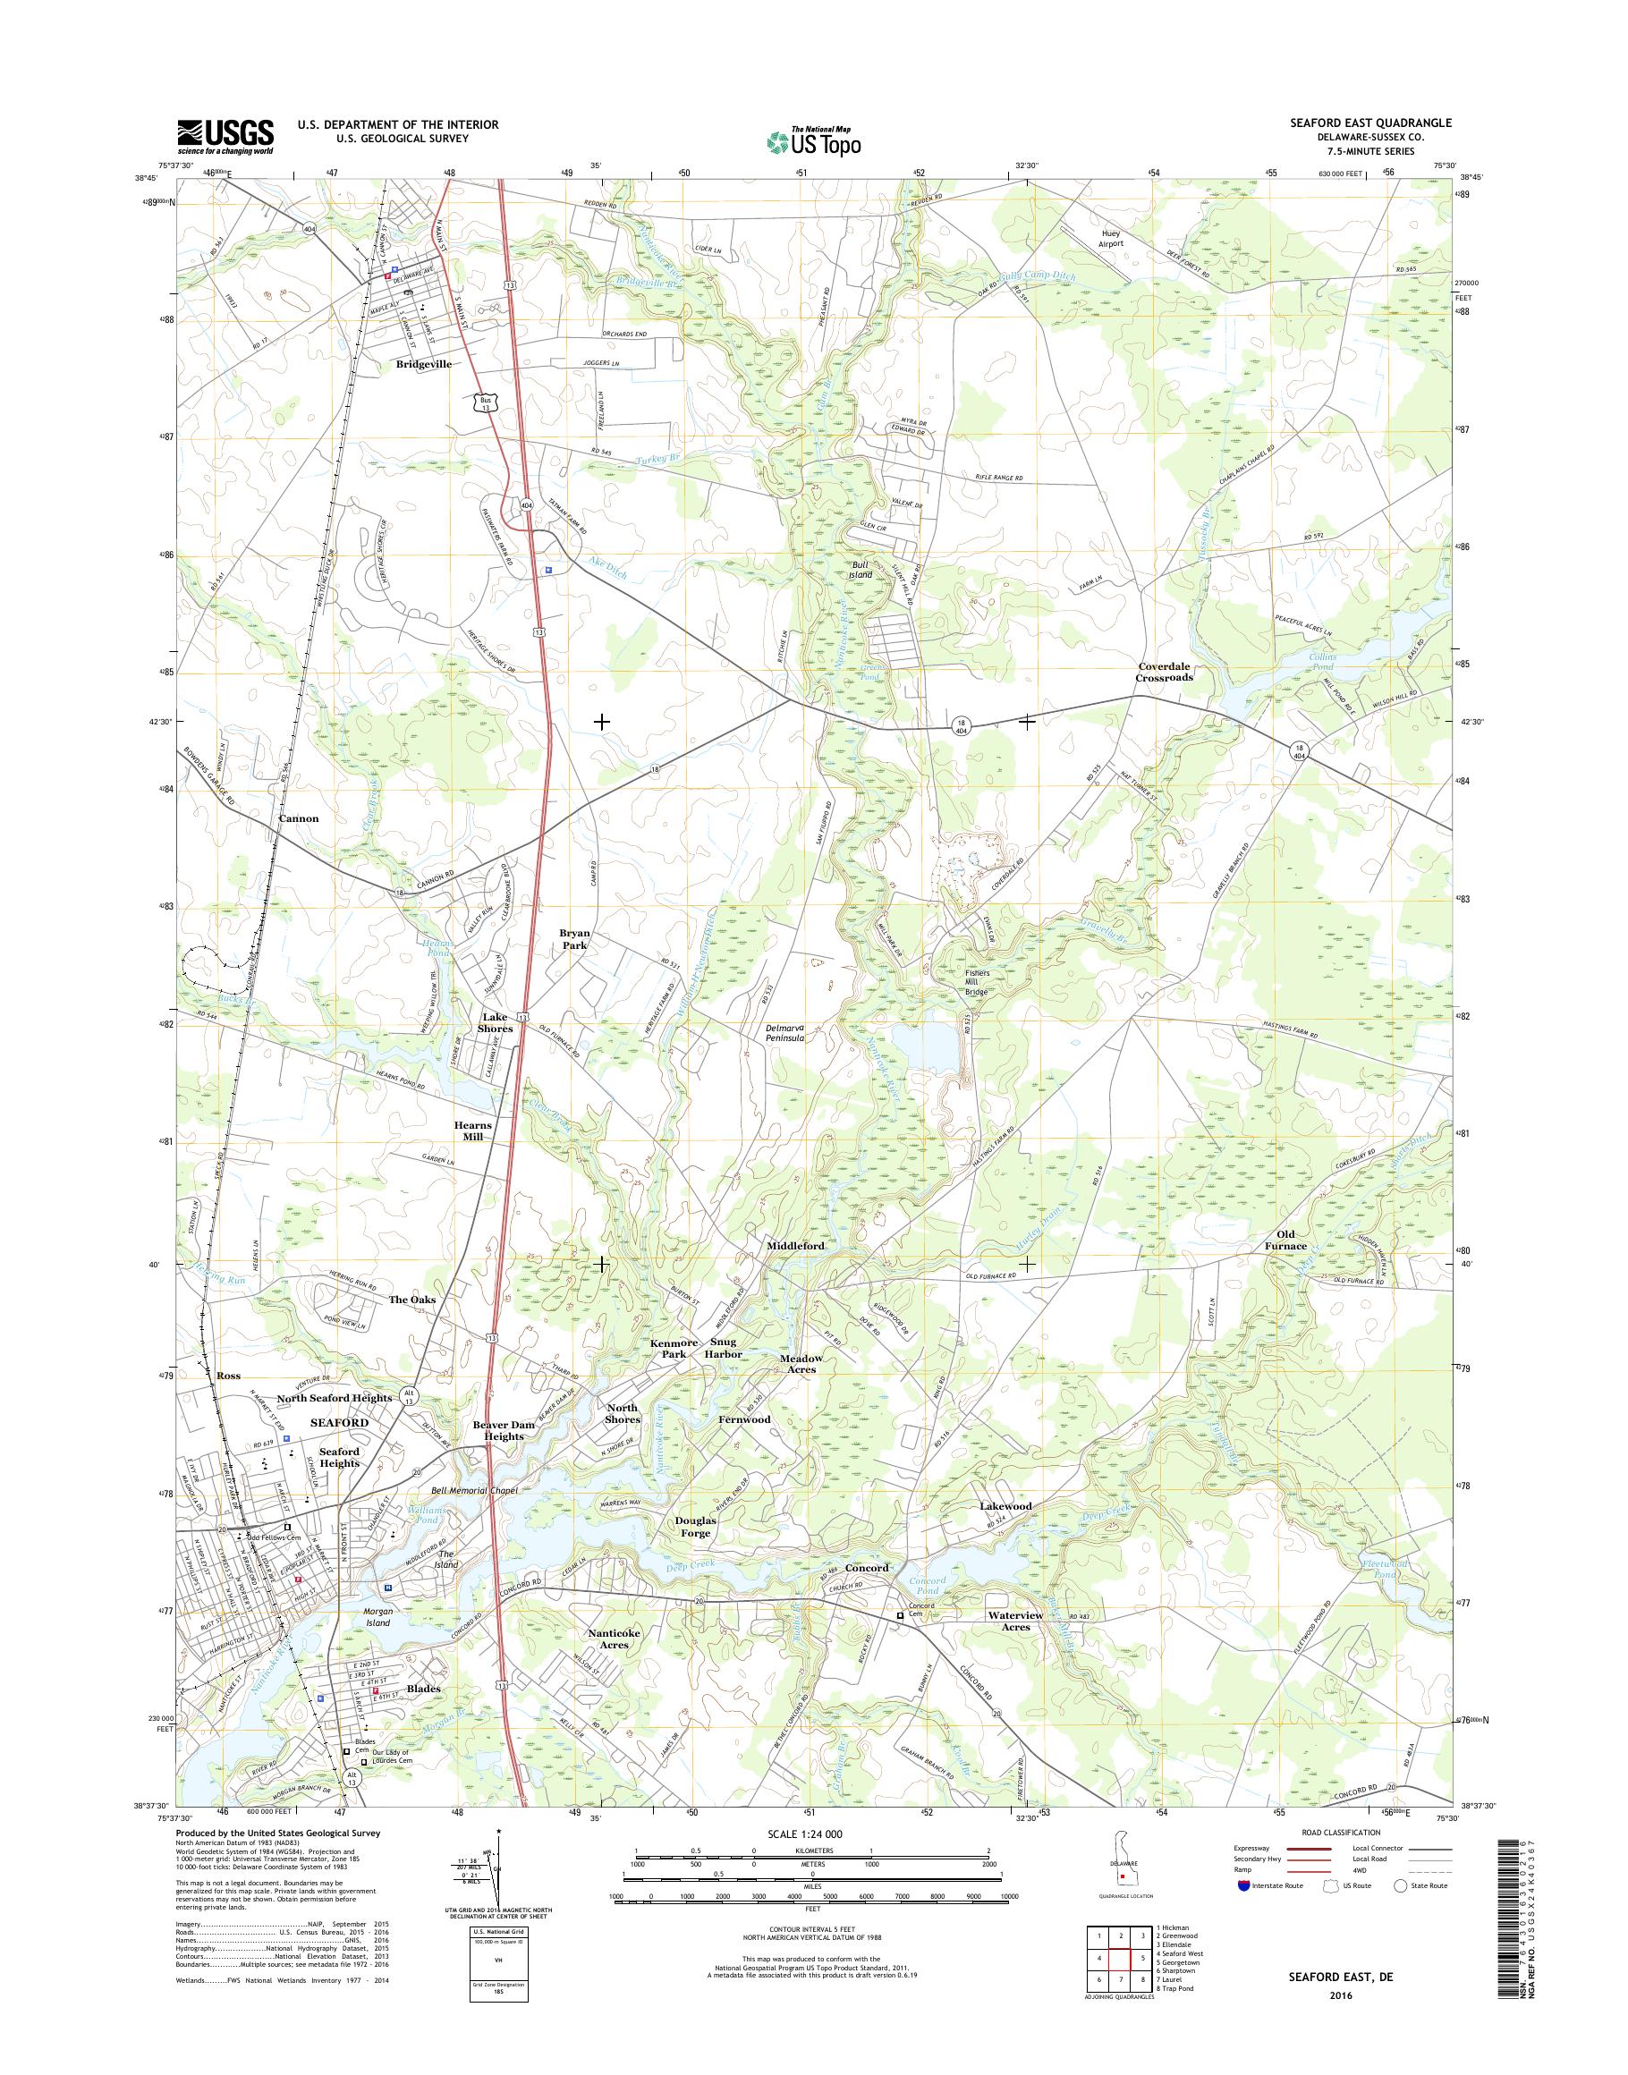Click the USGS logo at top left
tap(225, 136)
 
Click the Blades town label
tap(424, 1688)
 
